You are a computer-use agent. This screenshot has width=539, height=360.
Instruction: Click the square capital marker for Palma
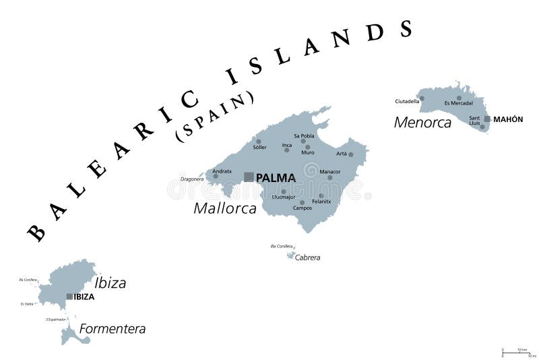click(249, 177)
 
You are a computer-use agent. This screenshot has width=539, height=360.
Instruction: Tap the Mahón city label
click(508, 119)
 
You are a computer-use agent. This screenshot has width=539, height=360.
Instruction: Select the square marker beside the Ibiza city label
click(69, 296)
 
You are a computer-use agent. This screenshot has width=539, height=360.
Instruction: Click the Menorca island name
click(422, 122)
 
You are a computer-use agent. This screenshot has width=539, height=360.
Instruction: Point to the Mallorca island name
click(225, 208)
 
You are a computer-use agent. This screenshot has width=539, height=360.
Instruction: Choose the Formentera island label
click(113, 329)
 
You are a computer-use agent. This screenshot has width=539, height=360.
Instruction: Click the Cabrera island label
click(308, 257)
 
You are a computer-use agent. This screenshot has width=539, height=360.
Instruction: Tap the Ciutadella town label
click(407, 101)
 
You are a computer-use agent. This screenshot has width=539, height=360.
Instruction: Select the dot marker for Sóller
click(258, 142)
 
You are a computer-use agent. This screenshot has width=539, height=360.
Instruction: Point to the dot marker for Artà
click(350, 154)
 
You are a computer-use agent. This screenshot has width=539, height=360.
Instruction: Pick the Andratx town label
click(222, 171)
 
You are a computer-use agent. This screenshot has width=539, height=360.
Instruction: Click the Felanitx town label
click(322, 201)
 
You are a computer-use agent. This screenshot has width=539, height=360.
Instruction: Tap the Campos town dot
click(302, 202)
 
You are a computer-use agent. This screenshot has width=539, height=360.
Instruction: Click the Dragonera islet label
click(191, 179)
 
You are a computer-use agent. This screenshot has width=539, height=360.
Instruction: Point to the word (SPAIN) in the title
click(215, 115)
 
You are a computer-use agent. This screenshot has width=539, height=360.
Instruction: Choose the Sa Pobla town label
click(304, 135)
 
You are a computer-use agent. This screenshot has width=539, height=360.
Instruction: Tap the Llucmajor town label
click(283, 197)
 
